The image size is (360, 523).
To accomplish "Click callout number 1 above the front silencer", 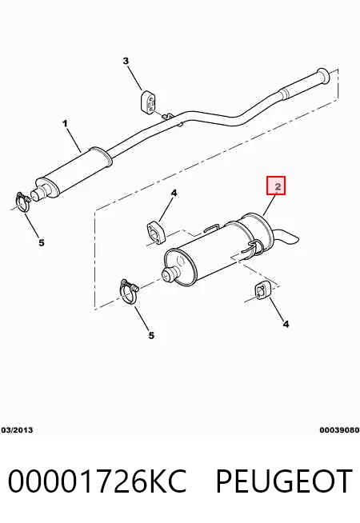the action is click(65, 123).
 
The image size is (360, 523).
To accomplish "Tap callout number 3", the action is click(126, 61).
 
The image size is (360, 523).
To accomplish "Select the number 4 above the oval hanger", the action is click(174, 193).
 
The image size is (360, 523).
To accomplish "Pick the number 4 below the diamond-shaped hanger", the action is click(286, 324).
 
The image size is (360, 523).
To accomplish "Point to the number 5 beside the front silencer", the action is click(42, 242).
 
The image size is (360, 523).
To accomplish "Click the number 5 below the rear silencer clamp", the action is click(151, 335).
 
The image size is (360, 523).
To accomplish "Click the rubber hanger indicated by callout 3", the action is click(148, 102).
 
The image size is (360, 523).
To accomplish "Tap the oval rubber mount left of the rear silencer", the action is click(156, 231).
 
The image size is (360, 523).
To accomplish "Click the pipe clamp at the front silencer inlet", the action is click(23, 202).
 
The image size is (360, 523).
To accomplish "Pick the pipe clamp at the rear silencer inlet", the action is click(128, 292).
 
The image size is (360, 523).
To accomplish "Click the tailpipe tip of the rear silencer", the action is click(287, 237).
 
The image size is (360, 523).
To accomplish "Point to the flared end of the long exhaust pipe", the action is click(323, 76).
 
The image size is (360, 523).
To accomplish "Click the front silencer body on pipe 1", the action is click(74, 173).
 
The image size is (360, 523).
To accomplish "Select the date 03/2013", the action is click(17, 430).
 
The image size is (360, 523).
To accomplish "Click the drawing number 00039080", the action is click(339, 430).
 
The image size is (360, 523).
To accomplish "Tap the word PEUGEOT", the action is click(284, 481).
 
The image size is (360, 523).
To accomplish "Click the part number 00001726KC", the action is click(97, 481).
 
